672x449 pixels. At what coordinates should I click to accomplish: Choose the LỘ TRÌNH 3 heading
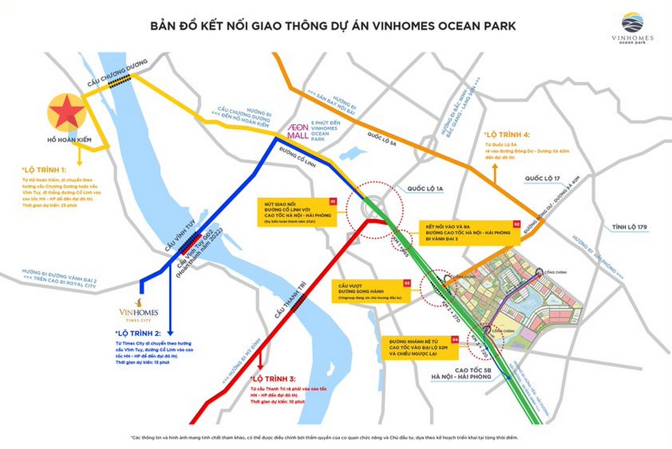[x=276, y=379]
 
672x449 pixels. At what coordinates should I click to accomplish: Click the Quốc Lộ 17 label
[x=542, y=179]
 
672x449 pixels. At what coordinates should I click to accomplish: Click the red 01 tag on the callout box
[x=332, y=200]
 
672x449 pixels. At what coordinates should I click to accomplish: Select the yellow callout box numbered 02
[x=470, y=232]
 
